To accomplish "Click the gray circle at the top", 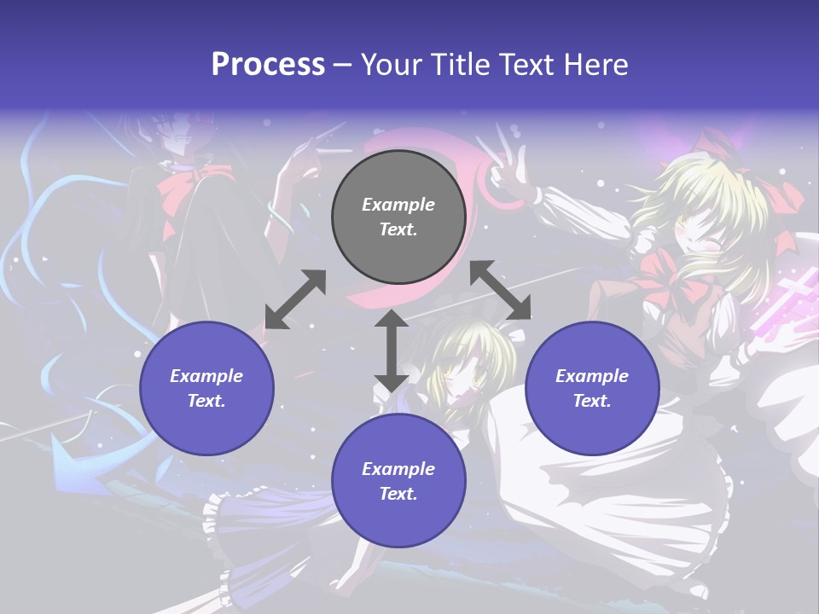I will pos(398,217).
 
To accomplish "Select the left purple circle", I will pos(206,388).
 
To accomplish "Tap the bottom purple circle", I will pos(398,481).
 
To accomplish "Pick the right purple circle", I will pos(592,388).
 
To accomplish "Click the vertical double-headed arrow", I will pos(392,351).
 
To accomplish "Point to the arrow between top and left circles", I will pos(295,299).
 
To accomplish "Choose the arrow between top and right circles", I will pos(501,289).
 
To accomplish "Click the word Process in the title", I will pos(268,64).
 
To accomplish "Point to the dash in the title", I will pos(343,65).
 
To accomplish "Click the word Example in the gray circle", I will pos(398,205).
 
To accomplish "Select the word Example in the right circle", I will pos(592,376).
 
